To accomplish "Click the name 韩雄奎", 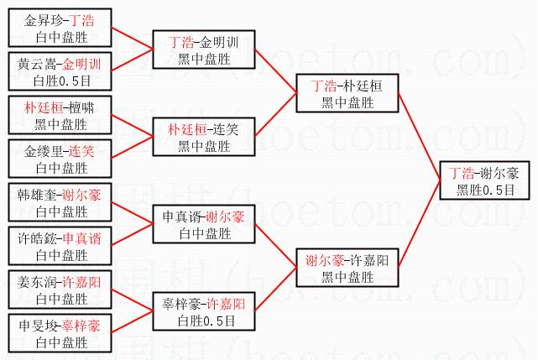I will point(39,195).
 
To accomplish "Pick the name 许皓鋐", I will point(39,238).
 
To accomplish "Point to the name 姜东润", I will point(39,282).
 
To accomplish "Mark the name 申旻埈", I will point(39,326).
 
